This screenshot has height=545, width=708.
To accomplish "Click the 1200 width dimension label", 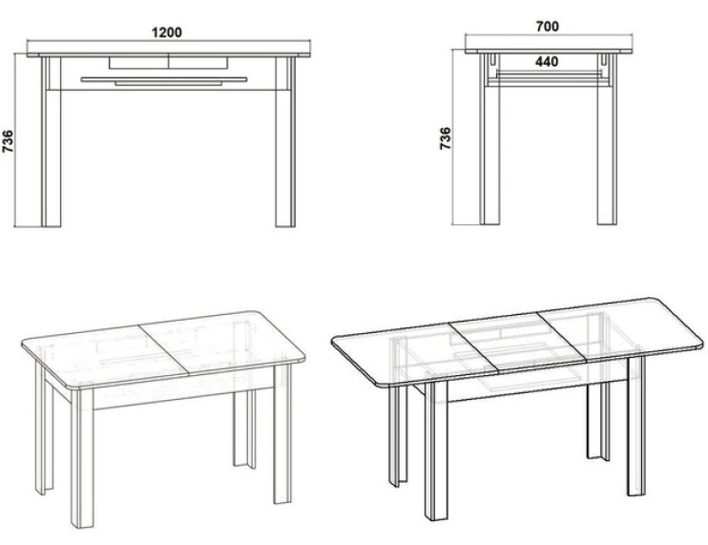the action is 167,32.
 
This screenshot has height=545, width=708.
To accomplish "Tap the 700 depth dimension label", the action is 548,27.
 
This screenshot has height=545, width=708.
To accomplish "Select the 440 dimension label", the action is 547,61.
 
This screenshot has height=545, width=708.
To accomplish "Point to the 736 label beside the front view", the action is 8,141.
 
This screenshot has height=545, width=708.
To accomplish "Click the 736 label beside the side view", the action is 446,138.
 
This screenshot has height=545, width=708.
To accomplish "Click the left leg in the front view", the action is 51,141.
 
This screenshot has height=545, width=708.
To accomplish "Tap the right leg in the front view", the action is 285,141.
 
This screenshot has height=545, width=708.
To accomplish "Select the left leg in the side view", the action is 489,139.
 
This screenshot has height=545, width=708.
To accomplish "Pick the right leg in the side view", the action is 607,139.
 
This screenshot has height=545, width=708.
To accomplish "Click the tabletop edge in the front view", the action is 169,55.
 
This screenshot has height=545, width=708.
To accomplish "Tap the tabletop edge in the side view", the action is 549,52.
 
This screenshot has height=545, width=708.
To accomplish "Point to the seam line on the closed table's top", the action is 162,349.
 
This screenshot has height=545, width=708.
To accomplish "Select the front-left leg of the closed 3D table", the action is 82,458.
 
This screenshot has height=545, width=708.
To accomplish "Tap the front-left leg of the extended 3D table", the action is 436,451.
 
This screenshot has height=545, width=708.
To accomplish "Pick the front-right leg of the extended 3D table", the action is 636,427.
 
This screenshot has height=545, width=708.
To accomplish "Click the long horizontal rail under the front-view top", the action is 164,79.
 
